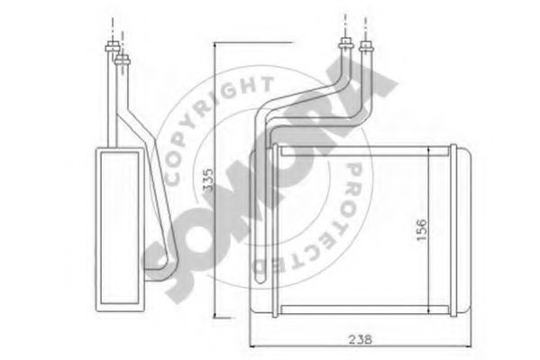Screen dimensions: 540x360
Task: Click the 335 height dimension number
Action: click(208, 180)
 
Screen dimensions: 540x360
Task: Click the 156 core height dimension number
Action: click(421, 230)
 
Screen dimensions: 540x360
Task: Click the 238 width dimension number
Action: click(361, 339)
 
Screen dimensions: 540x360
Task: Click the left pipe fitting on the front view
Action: click(345, 45)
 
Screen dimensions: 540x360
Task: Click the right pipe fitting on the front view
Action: click(366, 46)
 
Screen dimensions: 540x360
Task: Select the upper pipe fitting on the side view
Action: click(113, 47)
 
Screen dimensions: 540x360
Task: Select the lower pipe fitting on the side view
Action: click(123, 60)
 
